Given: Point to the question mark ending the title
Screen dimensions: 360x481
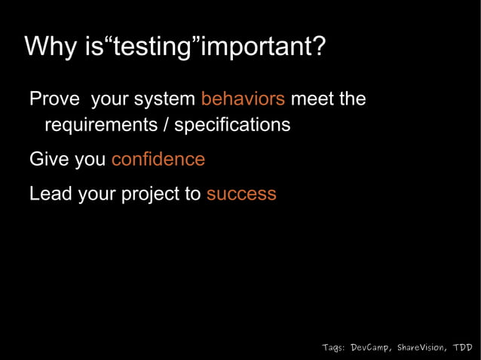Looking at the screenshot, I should pos(319,47).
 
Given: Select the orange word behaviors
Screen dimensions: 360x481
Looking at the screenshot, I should pos(243,99).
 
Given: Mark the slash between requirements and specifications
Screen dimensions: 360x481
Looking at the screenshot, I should pos(164,124).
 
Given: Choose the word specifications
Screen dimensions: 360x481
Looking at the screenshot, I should pos(231,125).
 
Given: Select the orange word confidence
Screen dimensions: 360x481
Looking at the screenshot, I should pos(158,160).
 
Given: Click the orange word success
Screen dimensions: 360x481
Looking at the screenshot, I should pos(241,194).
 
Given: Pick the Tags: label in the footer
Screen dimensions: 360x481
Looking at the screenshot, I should pos(333,347).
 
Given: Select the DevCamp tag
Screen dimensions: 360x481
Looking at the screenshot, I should pos(371,347).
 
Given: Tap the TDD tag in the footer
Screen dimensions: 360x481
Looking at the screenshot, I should pos(462,347).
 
